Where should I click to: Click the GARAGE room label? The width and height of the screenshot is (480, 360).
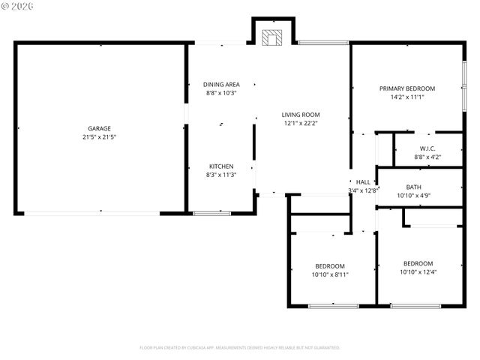pos(100,128)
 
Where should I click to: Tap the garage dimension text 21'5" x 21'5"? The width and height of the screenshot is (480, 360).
pos(100,137)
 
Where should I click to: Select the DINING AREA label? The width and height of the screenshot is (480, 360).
pos(221,85)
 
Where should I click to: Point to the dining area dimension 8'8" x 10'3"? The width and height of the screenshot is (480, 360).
pos(221,93)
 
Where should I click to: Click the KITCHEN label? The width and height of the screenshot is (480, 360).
pos(221,166)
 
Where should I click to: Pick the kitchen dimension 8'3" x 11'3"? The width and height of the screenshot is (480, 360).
pos(221,175)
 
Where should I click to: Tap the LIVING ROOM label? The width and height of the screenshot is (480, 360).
pos(301,115)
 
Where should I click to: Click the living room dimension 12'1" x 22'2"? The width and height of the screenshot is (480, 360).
pos(301,124)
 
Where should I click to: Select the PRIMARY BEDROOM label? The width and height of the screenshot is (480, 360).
pos(407,88)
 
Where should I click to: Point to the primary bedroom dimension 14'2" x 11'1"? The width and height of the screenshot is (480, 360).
pos(407,97)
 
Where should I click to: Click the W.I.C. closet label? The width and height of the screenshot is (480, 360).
pos(427,148)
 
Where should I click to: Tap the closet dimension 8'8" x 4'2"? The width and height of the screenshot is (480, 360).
pos(427,157)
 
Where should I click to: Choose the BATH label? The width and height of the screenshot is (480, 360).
pos(414,187)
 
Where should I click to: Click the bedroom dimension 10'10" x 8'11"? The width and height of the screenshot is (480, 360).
pos(330,274)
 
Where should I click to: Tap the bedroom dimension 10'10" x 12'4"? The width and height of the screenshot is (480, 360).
pos(418,272)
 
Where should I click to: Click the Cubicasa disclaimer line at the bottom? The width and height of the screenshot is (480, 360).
pos(240,348)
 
